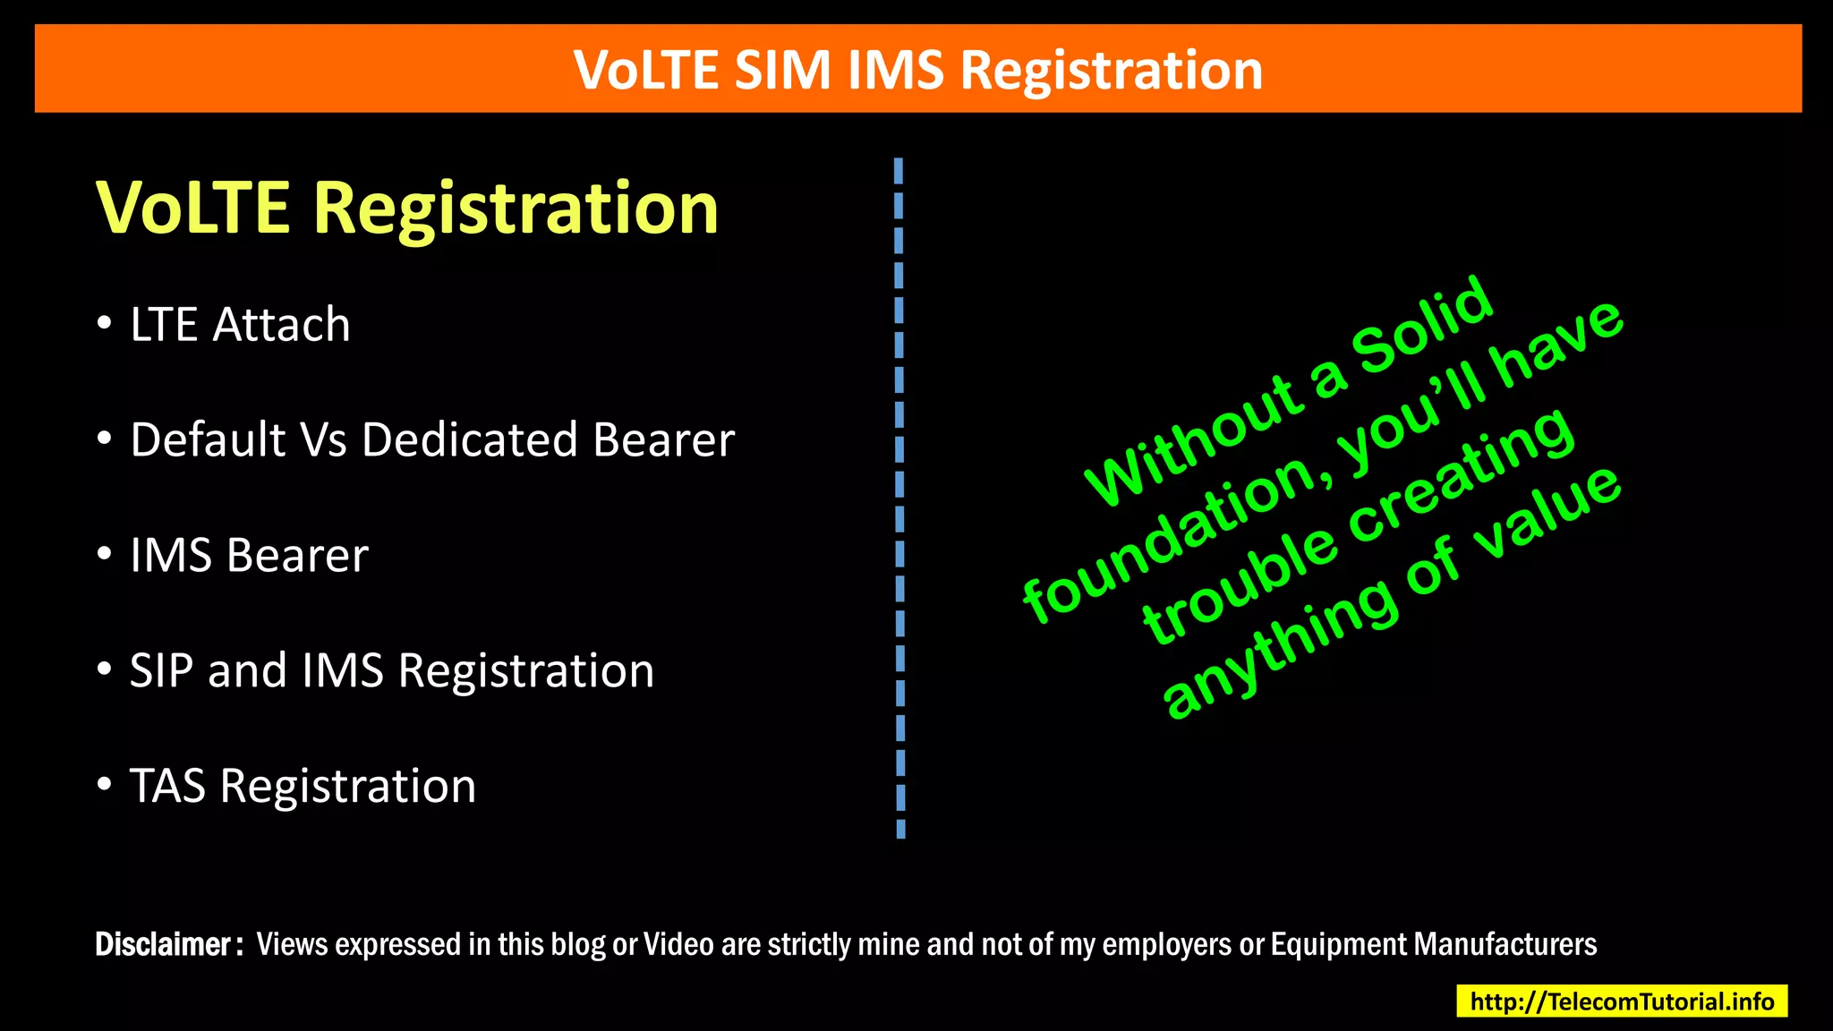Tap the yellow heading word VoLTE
(192, 208)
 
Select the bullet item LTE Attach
(240, 324)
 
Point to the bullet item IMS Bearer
(249, 555)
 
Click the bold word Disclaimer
(164, 945)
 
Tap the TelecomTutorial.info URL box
(1622, 1001)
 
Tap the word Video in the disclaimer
(679, 945)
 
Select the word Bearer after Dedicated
(663, 439)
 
